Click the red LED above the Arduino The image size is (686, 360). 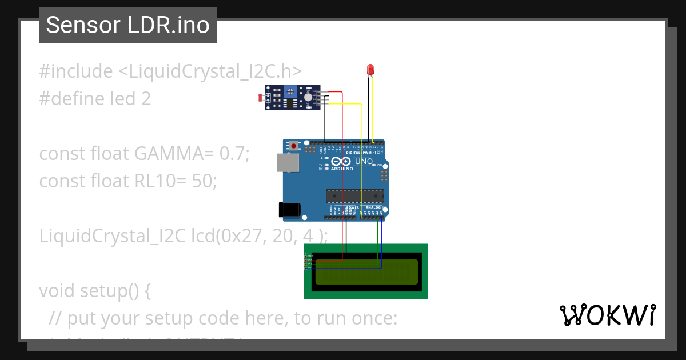click(370, 70)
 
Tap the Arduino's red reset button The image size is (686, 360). click(294, 146)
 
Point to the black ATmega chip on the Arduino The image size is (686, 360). click(354, 196)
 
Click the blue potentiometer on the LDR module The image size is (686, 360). click(290, 91)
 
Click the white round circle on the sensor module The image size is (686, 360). click(308, 98)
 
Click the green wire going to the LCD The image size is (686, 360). click(377, 240)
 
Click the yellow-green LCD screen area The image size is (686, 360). click(366, 273)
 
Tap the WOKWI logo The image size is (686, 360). click(607, 315)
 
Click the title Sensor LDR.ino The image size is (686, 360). click(127, 25)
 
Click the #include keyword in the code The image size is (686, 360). click(76, 71)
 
